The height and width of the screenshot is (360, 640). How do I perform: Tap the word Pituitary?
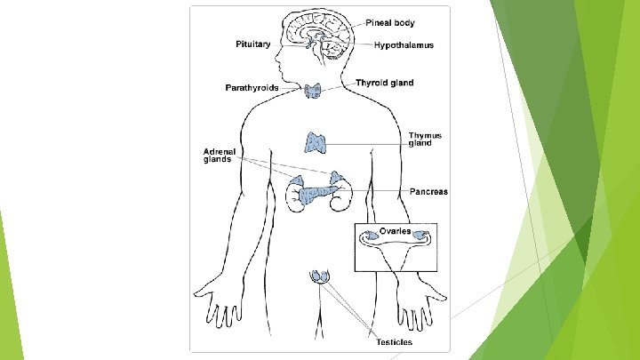coord(252,44)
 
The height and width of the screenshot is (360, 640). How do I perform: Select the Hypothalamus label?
coord(404,44)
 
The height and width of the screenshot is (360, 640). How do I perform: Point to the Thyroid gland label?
coord(384,83)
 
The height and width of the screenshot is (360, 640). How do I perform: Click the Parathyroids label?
coord(252,88)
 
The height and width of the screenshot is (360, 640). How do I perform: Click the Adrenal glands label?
coord(217,156)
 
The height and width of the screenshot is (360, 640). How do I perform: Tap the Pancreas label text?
coord(428,191)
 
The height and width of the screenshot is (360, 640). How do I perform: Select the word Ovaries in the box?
coord(395,231)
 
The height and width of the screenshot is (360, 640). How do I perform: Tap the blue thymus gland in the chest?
coord(317,141)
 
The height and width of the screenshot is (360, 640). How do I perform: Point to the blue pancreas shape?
coord(316,192)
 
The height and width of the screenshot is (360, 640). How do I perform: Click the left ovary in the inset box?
coord(368,237)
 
